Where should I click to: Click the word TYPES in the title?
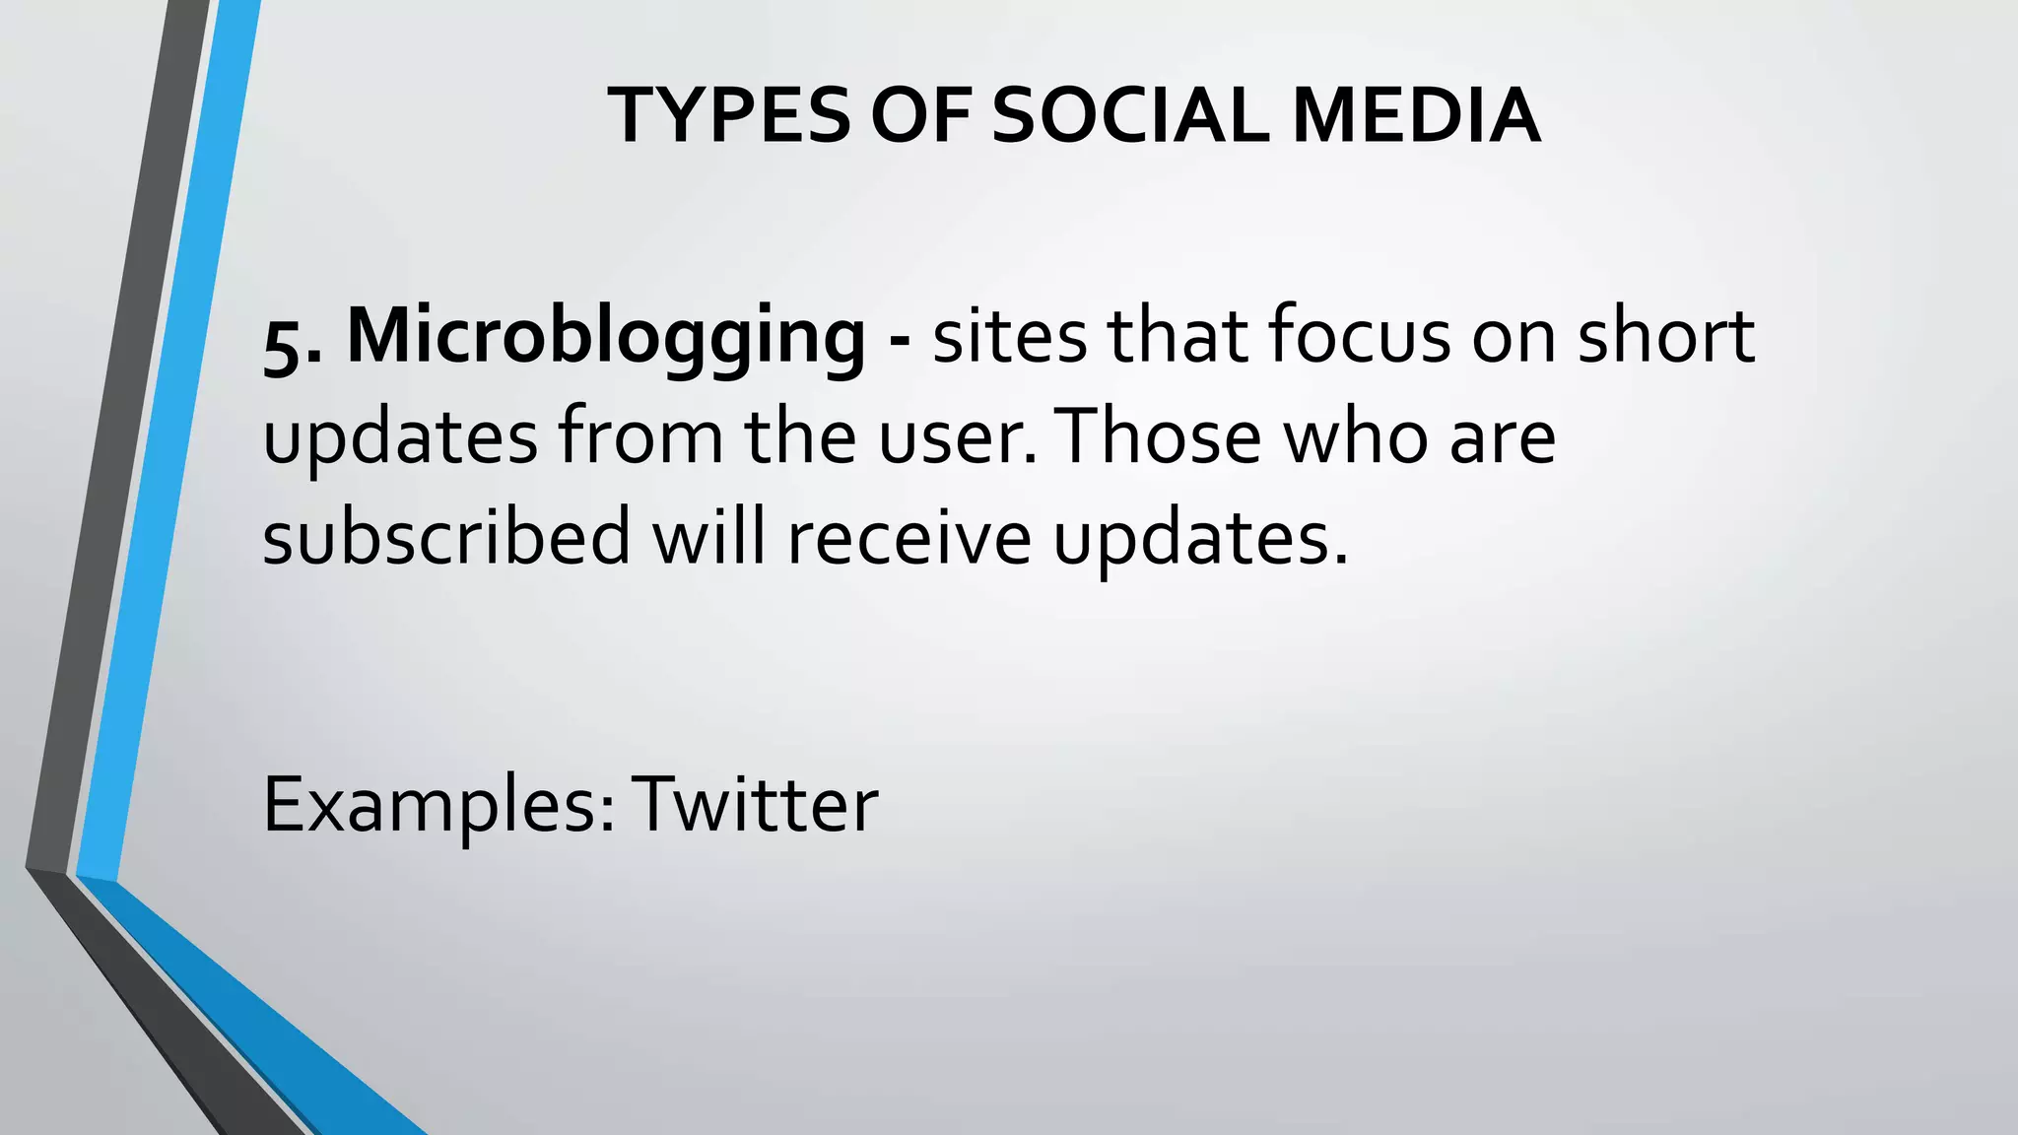[728, 116]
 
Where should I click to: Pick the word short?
[1665, 336]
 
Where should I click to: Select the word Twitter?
[755, 804]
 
